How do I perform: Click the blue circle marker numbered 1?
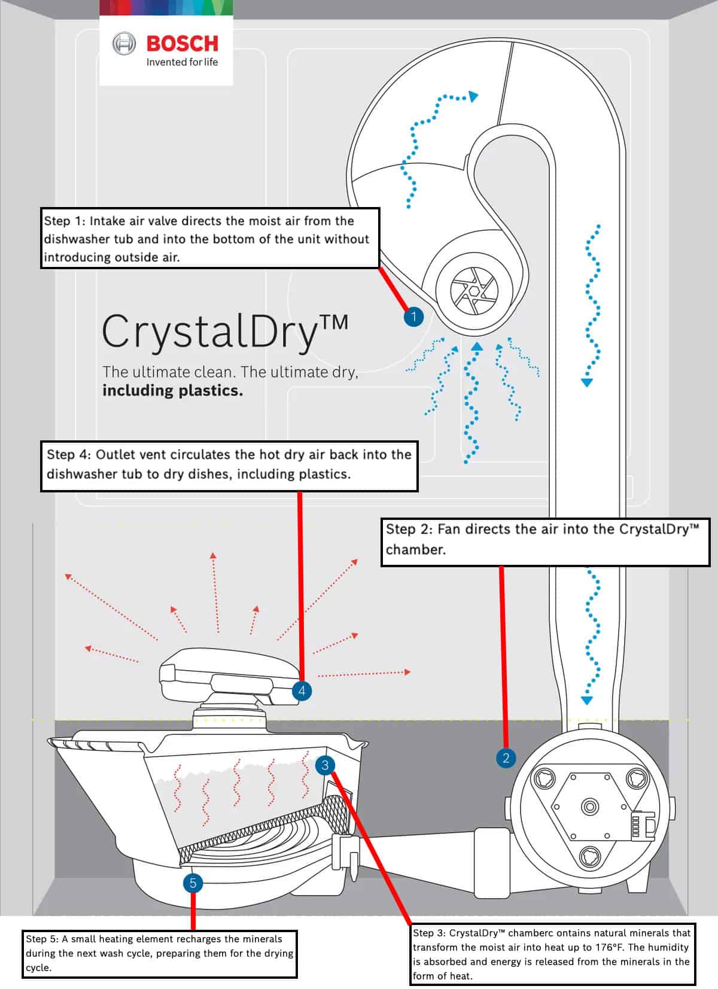click(x=413, y=317)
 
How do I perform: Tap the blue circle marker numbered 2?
click(x=506, y=758)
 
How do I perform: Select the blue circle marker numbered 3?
click(x=325, y=765)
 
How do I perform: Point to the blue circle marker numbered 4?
click(x=302, y=691)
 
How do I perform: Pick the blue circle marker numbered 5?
click(x=193, y=883)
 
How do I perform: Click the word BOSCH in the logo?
click(x=182, y=44)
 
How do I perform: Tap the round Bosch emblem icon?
click(x=124, y=44)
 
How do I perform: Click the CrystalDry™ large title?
click(x=224, y=331)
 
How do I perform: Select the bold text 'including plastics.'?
click(x=172, y=391)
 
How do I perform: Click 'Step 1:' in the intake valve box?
click(x=65, y=221)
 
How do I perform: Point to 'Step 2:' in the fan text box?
click(x=409, y=529)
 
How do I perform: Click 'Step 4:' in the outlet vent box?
click(x=69, y=455)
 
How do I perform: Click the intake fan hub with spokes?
click(x=473, y=291)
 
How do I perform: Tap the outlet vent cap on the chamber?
click(x=227, y=676)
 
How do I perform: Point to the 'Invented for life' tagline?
click(x=182, y=62)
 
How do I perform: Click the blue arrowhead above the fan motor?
click(x=587, y=700)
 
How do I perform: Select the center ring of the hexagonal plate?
click(x=590, y=806)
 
